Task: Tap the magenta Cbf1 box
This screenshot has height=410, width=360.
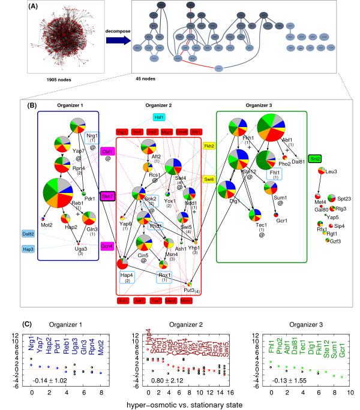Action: [108, 151]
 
